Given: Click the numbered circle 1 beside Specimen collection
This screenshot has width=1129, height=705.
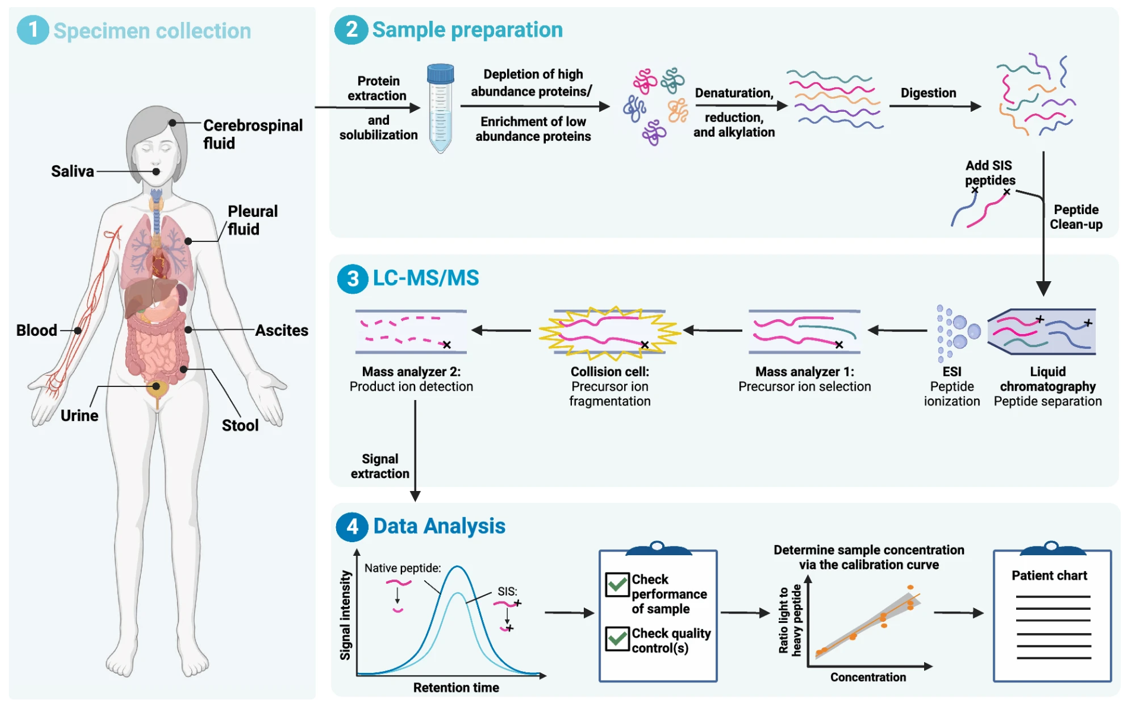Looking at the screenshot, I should click(33, 30).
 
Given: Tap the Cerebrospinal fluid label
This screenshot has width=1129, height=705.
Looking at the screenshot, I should click(252, 134).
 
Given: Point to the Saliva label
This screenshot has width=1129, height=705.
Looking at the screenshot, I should click(72, 171).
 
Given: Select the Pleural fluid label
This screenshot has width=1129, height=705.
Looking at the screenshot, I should click(252, 220).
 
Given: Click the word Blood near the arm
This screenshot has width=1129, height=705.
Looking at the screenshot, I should click(37, 331).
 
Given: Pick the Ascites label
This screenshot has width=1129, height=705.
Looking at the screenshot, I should click(282, 331).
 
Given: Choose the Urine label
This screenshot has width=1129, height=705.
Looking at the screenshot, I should click(80, 416).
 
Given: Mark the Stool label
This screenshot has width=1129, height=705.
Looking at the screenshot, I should click(240, 426).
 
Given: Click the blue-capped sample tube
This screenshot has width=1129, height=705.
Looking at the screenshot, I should click(440, 108).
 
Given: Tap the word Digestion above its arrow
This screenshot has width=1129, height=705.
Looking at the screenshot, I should click(928, 93).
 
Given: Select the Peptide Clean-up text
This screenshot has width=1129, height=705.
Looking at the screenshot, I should click(1076, 217).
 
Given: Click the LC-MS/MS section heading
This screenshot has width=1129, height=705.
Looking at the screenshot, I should click(425, 278).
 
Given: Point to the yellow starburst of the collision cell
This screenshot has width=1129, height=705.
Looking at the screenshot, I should click(609, 332).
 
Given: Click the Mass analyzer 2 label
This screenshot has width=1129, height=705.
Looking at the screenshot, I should click(411, 372).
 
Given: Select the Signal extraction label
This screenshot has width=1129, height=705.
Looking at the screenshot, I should click(380, 466).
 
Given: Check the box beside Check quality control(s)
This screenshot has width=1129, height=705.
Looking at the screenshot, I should click(617, 639).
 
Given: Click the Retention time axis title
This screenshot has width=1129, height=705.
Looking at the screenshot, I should click(456, 688).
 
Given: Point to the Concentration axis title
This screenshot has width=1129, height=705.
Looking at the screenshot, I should click(868, 677).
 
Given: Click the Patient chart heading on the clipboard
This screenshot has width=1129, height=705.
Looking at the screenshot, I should click(1049, 575).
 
